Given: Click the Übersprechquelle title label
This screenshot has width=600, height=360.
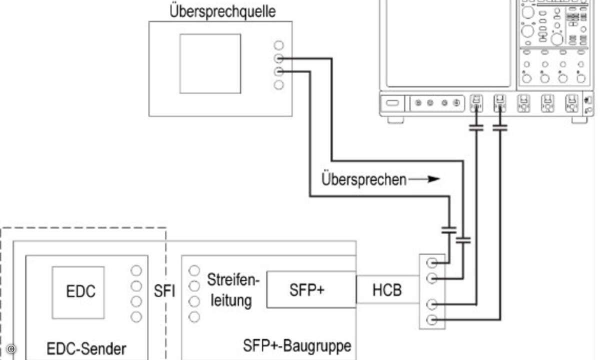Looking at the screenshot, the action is pos(222,12).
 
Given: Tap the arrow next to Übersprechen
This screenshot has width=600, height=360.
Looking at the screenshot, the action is pos(424,179).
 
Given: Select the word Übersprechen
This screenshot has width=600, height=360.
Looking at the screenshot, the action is pos(364,179).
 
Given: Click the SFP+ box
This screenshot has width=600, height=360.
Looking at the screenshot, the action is pos(311,289).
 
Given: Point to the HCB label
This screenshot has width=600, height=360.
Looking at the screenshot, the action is pos(387,290).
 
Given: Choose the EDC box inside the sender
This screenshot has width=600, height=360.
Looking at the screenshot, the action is pos(78,292).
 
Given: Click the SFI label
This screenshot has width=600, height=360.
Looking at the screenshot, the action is pos(164,291).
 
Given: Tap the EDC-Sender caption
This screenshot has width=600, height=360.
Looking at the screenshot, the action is pos(86,349).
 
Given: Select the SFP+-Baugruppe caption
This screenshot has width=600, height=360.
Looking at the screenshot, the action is pos(297,345).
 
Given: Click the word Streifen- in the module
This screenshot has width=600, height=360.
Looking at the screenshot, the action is pos(233,279).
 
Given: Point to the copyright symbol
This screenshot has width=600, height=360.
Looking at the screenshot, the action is pos(11,349).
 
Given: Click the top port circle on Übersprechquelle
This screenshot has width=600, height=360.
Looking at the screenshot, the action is pos(278,45).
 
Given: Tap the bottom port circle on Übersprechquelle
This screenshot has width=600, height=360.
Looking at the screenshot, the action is pos(278,85).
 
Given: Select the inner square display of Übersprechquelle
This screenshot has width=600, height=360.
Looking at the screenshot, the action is pos(210,64).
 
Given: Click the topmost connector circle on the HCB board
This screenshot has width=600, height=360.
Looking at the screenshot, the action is pos(431,263).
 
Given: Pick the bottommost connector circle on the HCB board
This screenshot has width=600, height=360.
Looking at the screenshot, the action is pos(431,320).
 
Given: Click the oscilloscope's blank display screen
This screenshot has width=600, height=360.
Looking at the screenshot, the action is pos(448,43).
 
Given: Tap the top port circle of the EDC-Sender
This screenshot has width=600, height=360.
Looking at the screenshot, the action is pos(136,271).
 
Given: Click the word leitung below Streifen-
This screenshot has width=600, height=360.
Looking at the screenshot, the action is pos(231,300).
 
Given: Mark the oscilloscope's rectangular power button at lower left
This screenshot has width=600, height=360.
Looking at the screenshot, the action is pos(392,103).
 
